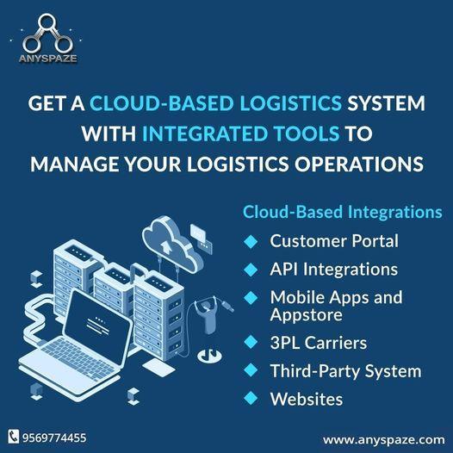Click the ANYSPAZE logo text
(x=48, y=59)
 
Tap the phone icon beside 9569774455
(x=13, y=437)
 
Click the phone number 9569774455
(x=54, y=437)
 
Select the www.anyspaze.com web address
(x=383, y=440)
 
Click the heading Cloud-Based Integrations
(x=343, y=212)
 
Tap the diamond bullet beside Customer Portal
(x=251, y=241)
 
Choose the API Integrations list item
(x=333, y=270)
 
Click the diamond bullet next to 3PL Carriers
(x=251, y=342)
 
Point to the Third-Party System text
(x=345, y=371)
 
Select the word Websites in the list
(x=307, y=399)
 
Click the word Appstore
(x=307, y=315)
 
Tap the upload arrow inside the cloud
(x=166, y=247)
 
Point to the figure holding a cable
(x=207, y=313)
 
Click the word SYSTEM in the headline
(x=386, y=103)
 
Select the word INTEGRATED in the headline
(x=205, y=133)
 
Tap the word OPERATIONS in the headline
(x=359, y=164)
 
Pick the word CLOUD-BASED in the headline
(x=161, y=103)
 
